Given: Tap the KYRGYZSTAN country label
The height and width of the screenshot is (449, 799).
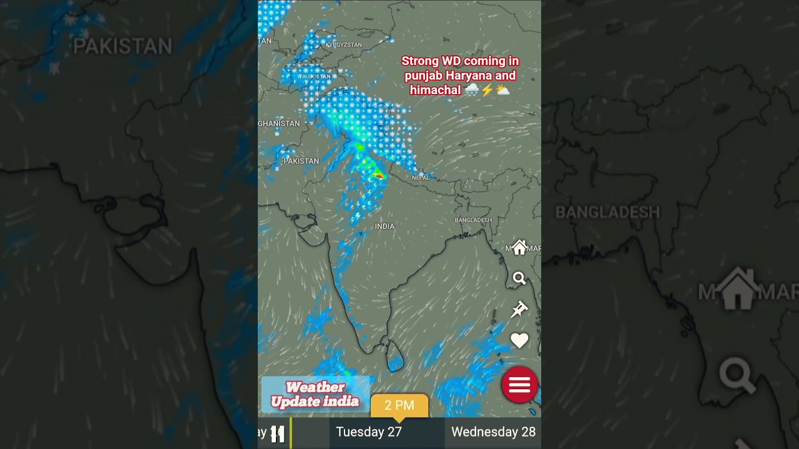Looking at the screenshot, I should tap(343, 45).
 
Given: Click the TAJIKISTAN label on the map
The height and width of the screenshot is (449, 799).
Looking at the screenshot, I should tap(315, 76).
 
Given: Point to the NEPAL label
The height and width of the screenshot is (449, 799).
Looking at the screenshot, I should tap(421, 178).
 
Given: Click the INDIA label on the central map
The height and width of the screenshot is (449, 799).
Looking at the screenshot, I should tap(385, 226).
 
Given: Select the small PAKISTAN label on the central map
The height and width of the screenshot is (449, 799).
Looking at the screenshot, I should tap(301, 161).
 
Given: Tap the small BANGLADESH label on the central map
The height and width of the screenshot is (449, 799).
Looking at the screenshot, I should tap(473, 220).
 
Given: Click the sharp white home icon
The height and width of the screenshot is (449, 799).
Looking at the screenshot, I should tap(519, 248).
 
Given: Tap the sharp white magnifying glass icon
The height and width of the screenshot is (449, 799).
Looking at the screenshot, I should tap(519, 279).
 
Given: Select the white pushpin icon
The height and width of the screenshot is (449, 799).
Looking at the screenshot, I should tap(519, 309).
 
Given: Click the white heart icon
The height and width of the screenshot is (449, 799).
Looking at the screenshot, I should tap(519, 340).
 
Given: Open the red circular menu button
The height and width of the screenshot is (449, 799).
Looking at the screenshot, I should tap(519, 385).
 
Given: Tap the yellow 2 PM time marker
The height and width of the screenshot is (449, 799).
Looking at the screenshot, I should tap(399, 405).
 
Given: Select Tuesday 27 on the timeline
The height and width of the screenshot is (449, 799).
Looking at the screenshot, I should tap(368, 432).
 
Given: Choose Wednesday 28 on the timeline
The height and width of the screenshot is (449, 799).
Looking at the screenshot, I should tap(493, 432).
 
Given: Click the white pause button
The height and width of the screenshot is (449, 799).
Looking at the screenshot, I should tap(278, 433).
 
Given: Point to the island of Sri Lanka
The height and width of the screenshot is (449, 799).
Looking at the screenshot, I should tap(395, 356).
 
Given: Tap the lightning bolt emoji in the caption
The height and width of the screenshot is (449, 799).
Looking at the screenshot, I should tap(487, 90).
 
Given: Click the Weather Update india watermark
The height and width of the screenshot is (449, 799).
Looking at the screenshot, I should tap(315, 394).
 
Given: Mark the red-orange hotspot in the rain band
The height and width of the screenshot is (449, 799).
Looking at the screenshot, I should tap(379, 176).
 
